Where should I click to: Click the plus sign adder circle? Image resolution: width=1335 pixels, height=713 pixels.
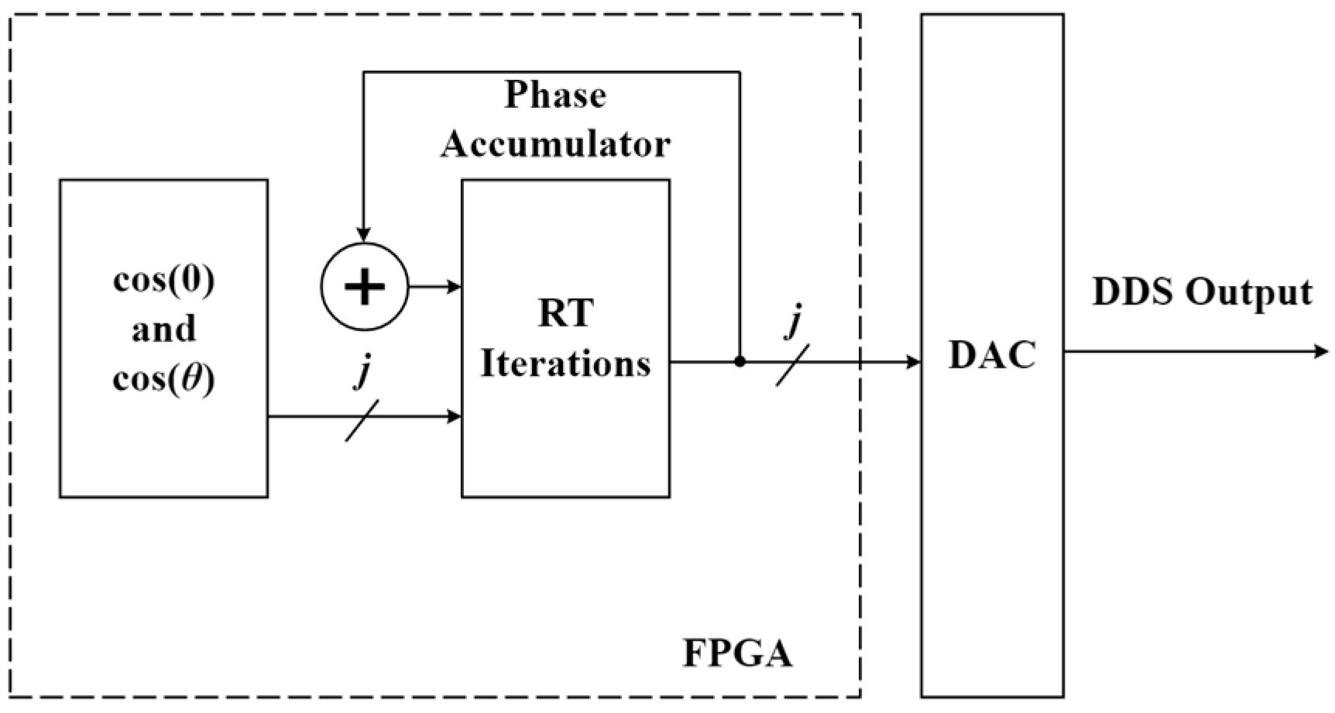coord(364,287)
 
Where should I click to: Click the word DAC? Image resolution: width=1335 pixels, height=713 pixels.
coord(992,356)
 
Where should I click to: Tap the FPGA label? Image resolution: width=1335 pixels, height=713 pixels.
coord(737,653)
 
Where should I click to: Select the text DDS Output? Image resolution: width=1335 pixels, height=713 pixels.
coord(1202,293)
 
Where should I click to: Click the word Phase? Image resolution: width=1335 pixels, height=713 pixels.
coord(555,96)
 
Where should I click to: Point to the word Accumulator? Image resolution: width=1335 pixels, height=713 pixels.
coord(555,144)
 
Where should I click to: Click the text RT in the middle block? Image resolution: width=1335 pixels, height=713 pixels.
coord(565,314)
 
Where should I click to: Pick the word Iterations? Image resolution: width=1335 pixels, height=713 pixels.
coord(565,363)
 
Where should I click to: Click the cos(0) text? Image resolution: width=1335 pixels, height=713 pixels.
coord(163,280)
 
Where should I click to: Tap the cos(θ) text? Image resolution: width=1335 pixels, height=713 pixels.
coord(163,379)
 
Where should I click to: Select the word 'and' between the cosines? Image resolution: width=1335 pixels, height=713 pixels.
coord(163,329)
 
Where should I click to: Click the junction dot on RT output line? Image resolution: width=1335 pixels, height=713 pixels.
coord(740,361)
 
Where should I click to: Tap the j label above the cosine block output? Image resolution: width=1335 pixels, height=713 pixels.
coord(362,373)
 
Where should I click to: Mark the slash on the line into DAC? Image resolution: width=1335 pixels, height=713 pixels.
coord(792,364)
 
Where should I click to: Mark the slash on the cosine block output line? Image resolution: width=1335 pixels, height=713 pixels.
coord(362,420)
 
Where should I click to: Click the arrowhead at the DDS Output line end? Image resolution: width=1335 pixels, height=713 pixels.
coord(1321,352)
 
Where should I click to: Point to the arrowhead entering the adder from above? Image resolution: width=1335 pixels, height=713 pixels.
coord(363,234)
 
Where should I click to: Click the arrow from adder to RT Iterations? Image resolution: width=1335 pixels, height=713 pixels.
coord(434,287)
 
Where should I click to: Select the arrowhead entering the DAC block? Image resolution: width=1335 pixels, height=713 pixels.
coord(913,361)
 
